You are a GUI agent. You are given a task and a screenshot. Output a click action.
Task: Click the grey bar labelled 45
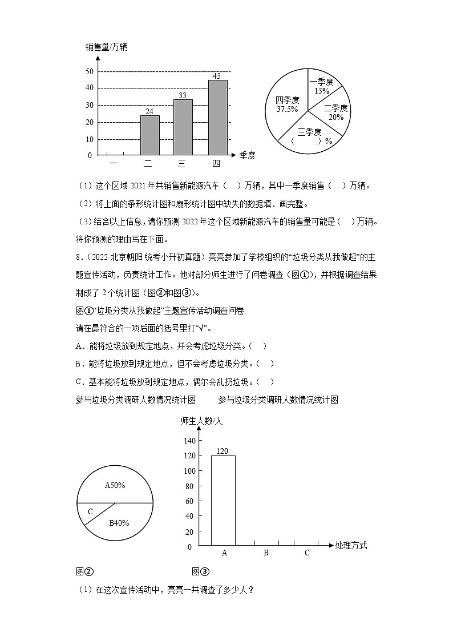pos(217,117)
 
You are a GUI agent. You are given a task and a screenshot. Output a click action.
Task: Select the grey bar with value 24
pos(149,135)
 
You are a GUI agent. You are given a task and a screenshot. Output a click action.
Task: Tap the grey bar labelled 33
pos(183,127)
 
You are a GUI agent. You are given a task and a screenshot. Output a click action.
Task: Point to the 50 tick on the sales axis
pos(89,71)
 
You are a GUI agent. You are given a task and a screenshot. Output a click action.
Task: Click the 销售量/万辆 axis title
pos(106,47)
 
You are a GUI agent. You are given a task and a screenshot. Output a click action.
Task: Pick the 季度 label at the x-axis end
pos(247,155)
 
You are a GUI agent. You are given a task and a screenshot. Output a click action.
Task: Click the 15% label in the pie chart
pos(321,91)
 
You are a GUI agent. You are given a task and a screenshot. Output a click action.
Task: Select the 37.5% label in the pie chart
pos(287,108)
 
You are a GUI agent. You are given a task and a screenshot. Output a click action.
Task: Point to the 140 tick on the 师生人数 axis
pos(189,441)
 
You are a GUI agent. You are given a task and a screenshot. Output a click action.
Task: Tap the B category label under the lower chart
pos(266,553)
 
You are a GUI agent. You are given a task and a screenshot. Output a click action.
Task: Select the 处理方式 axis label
pos(351,546)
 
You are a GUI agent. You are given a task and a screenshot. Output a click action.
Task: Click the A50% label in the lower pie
pos(115,485)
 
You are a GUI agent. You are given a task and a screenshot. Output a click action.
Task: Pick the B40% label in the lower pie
pos(119,522)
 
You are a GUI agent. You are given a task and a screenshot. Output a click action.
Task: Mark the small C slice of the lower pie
pos(91,511)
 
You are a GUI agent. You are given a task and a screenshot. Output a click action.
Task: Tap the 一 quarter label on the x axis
pos(114,164)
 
